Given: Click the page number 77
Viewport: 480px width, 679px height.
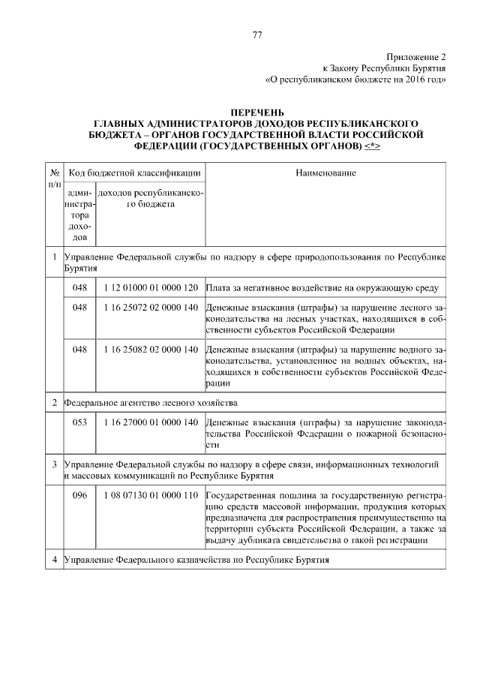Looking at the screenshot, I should [x=257, y=35].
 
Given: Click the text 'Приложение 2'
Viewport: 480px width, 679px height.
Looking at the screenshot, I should [x=417, y=57].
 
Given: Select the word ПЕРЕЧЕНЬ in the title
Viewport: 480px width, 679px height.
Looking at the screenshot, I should [x=257, y=113].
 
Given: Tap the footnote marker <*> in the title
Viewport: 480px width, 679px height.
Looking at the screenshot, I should [x=372, y=145].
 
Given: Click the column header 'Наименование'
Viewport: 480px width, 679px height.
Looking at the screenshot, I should [x=325, y=173].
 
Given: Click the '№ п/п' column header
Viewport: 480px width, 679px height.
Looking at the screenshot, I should [x=54, y=178].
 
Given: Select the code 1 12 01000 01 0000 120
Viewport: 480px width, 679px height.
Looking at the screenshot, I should [x=150, y=287].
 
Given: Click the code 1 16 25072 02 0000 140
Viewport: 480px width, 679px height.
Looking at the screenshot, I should [x=150, y=308].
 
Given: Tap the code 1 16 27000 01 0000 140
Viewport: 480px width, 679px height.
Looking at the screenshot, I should [x=150, y=422].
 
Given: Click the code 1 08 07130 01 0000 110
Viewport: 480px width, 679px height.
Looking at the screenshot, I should [x=150, y=496].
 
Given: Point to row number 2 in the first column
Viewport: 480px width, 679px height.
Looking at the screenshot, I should [x=54, y=402].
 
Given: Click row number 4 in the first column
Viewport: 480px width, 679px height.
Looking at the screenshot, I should [x=54, y=560].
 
